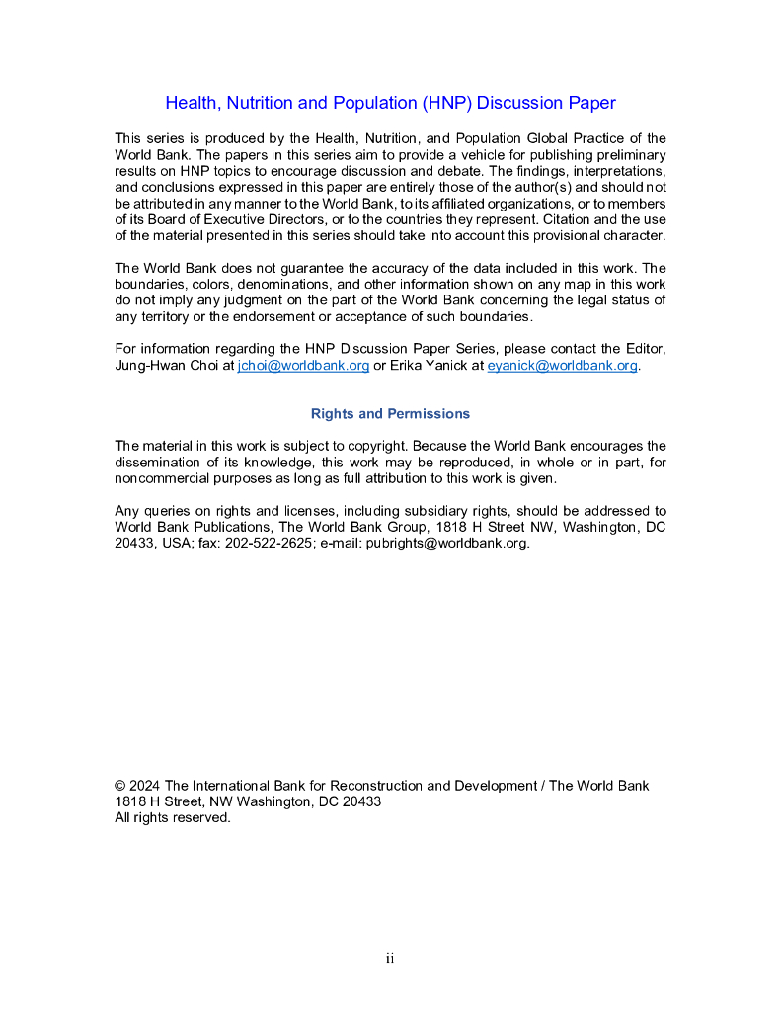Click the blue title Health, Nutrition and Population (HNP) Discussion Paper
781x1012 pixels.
coord(390,103)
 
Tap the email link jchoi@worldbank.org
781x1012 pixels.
coord(303,365)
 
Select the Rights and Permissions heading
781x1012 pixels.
coord(390,413)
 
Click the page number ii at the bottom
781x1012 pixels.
coord(390,958)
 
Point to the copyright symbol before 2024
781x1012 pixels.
coord(120,786)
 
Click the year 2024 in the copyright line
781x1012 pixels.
coord(145,786)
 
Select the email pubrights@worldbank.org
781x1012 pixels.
coord(448,543)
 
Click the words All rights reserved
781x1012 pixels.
coord(173,817)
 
